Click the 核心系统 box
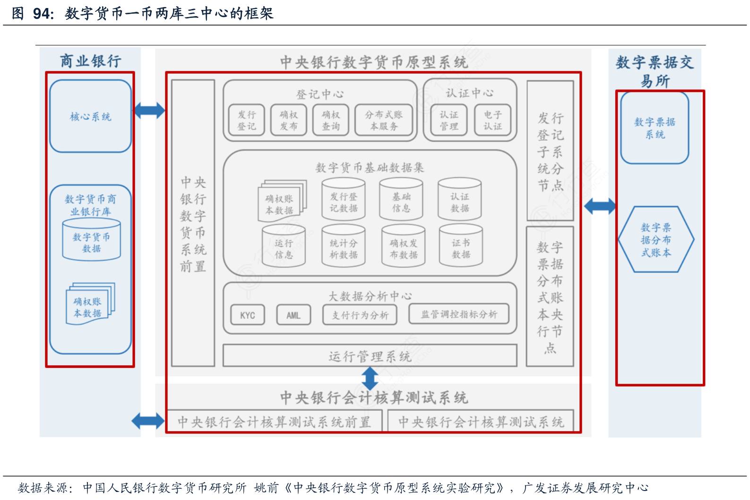tap(90, 116)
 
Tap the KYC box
tap(247, 315)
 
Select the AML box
tap(293, 315)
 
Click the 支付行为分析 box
tap(360, 315)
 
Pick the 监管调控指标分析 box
tap(459, 314)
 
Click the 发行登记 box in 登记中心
tap(246, 120)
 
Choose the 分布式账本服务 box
tap(384, 120)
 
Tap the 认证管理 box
tap(448, 120)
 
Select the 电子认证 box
tap(492, 120)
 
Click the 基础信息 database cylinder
tap(401, 200)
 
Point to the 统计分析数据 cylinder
tap(344, 246)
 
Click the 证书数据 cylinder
tap(461, 246)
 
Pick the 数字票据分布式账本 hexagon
tap(656, 239)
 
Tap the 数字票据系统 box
tap(655, 128)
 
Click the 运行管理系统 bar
tap(370, 356)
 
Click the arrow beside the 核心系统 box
tap(149, 110)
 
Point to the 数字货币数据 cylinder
tap(92, 241)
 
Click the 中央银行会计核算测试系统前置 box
tap(274, 421)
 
